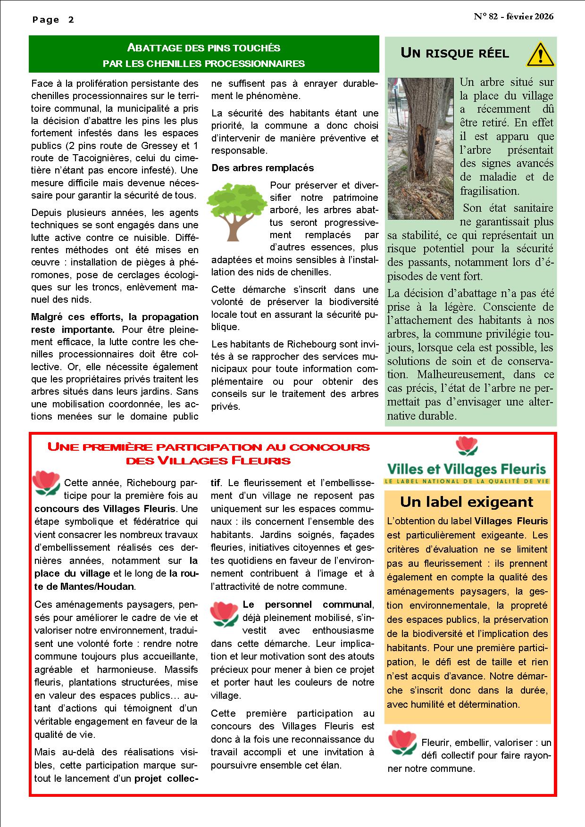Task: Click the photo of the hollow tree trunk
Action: [420, 149]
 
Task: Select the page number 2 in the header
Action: [71, 20]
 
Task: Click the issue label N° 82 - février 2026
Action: [514, 17]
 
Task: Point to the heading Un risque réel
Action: [454, 53]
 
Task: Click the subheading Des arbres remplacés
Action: [262, 168]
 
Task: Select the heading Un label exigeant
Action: [467, 502]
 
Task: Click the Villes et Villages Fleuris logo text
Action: [467, 470]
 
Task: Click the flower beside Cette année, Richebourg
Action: [46, 483]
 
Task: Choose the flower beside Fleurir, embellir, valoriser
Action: [402, 743]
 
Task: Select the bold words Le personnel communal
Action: [307, 604]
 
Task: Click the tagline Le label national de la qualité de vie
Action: [467, 481]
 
